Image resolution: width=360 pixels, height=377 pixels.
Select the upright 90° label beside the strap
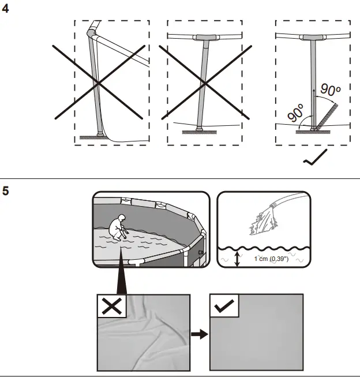[331, 89]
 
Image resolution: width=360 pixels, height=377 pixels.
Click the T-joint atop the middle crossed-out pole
[204, 38]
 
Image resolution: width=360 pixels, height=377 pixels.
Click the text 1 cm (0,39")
[271, 259]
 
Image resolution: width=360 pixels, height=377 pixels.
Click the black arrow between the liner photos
[198, 334]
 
